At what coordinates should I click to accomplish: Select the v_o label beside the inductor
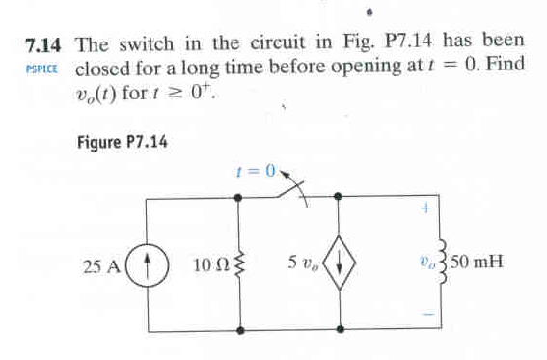point(423,262)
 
